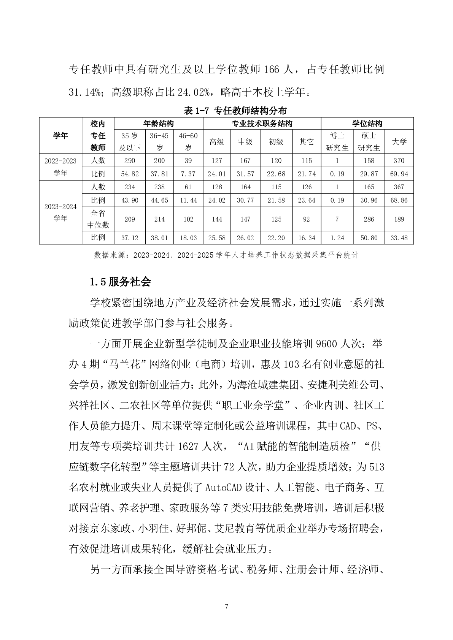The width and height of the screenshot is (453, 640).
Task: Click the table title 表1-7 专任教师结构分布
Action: point(235,111)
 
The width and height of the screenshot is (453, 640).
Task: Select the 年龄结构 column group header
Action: point(159,124)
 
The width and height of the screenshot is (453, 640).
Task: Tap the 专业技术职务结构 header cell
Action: point(262,124)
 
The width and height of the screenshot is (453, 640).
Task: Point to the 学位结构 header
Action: point(367,124)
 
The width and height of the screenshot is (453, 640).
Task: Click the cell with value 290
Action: point(129,160)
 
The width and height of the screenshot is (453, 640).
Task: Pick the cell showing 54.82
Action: point(129,174)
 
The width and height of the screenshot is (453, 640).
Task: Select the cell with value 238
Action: point(159,187)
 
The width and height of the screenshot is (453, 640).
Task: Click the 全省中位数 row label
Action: point(98,219)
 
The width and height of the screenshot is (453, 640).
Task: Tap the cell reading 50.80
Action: point(369,238)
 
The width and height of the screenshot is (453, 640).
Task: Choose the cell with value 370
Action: point(399,160)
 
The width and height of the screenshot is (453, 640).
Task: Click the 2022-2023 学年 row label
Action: point(60,167)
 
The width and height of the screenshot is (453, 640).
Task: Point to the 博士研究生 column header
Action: point(337,142)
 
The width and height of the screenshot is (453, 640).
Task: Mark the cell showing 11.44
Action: point(188,200)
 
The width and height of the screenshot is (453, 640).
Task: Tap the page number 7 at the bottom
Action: point(227,607)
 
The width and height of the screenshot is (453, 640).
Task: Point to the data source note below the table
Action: point(226,255)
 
